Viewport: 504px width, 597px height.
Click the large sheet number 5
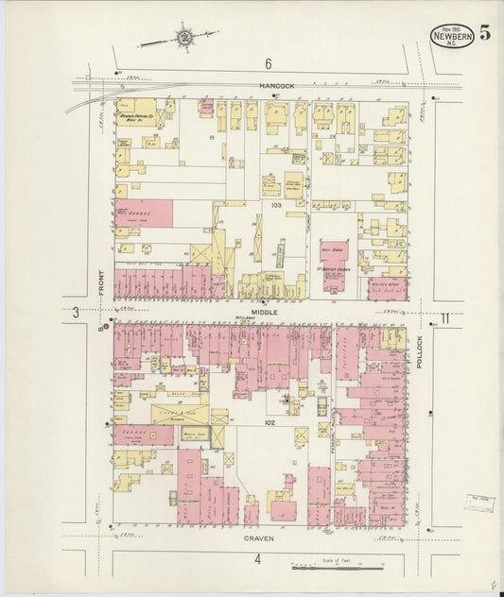484,35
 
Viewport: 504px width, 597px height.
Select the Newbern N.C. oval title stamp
451,36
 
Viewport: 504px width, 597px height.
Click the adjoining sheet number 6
268,63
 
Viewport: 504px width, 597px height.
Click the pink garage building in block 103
146,213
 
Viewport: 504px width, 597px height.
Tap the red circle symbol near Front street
105,328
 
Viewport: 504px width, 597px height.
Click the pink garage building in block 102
145,435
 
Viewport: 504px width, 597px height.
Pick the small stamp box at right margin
478,503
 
